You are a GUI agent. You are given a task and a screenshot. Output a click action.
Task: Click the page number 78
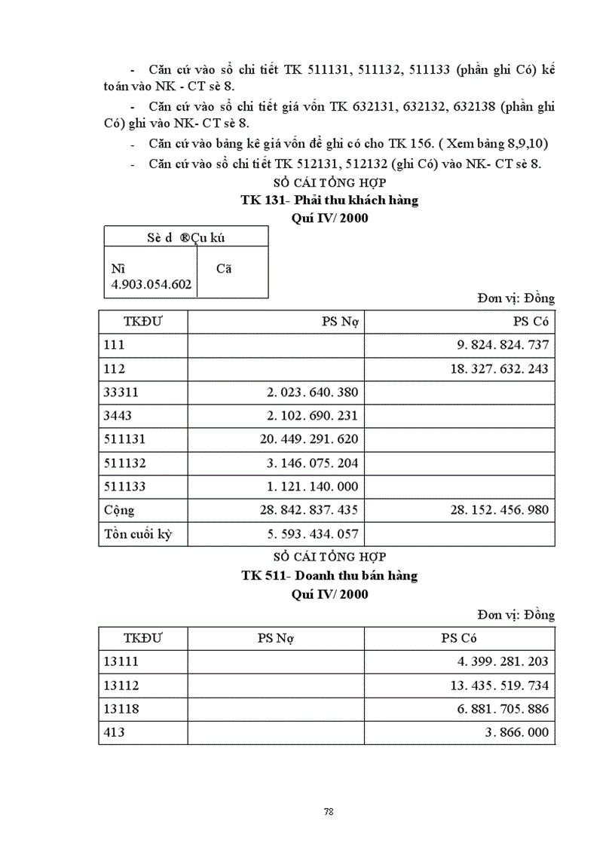[x=328, y=811]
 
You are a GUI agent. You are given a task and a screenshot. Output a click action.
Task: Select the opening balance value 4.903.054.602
[x=151, y=285]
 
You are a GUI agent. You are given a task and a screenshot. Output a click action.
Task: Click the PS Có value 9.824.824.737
[x=503, y=346]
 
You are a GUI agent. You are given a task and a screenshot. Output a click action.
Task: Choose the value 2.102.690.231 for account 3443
[x=312, y=416]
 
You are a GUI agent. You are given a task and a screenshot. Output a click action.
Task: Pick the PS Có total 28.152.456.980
[x=500, y=510]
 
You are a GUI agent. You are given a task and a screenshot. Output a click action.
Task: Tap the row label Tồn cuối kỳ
[x=135, y=534]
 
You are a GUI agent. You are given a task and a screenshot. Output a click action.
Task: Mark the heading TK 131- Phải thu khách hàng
[x=329, y=200]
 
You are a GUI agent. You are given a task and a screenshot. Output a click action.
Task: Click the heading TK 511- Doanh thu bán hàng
[x=329, y=576]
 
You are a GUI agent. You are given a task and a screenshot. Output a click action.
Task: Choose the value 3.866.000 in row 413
[x=516, y=732]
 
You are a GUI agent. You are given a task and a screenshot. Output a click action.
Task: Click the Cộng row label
[x=119, y=510]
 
